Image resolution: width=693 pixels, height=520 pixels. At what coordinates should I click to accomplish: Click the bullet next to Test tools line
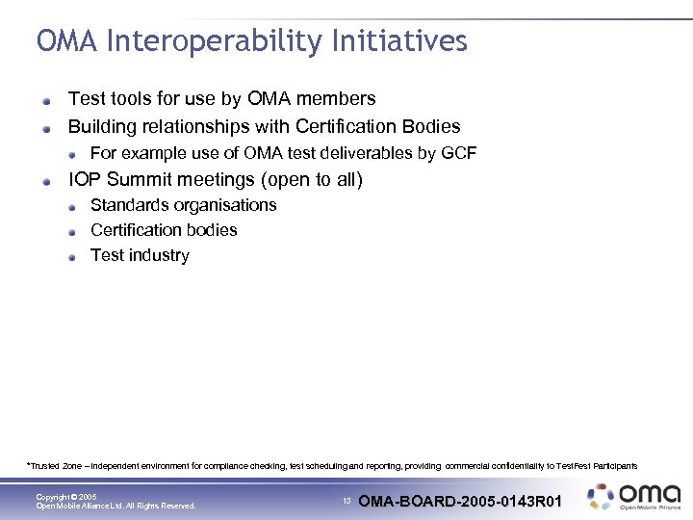[x=48, y=100]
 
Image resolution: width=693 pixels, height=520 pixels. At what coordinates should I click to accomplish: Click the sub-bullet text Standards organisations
[x=183, y=205]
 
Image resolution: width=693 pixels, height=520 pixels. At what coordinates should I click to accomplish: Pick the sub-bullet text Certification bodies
[x=164, y=230]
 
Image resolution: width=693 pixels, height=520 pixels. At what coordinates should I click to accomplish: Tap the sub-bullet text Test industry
[x=140, y=255]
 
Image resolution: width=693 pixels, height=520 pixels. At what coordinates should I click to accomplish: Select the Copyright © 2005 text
[x=66, y=497]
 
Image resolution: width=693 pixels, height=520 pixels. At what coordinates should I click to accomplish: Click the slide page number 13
[x=346, y=501]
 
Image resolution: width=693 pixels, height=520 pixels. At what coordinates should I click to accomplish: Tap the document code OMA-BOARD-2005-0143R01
[x=460, y=501]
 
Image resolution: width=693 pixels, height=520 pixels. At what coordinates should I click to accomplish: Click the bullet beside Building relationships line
[x=48, y=127]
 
